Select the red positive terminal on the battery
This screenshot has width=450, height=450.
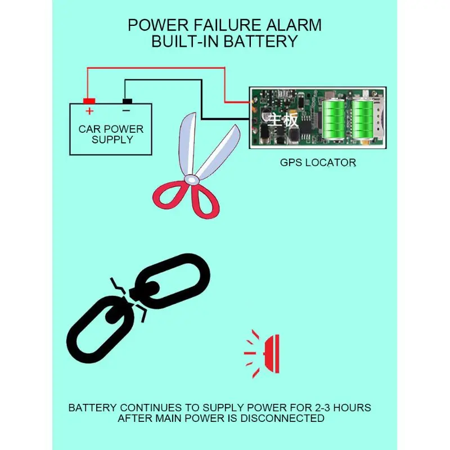(x=89, y=101)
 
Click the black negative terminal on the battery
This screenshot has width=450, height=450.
(x=127, y=101)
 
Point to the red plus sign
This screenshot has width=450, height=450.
(x=89, y=111)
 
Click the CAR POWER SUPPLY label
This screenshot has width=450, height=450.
(x=111, y=134)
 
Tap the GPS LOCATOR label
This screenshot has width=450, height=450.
(x=318, y=163)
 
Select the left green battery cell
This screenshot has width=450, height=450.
(x=335, y=120)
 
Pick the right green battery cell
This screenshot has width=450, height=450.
(x=362, y=120)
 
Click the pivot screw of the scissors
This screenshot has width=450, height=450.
(x=192, y=179)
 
